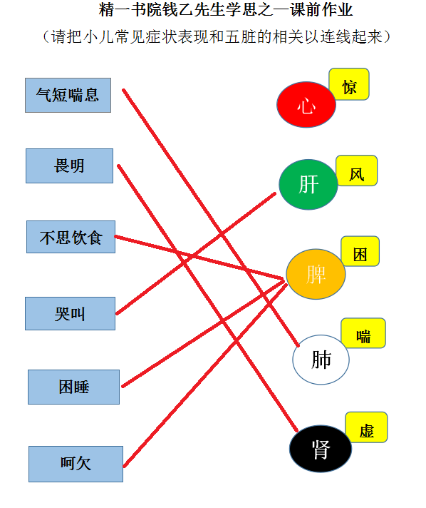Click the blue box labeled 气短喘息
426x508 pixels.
point(68,96)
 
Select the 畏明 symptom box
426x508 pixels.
point(70,166)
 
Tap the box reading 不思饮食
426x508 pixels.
point(71,237)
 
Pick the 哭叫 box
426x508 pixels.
point(71,314)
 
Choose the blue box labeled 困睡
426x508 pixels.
point(74,387)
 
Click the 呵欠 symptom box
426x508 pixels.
point(76,464)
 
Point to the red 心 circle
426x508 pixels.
point(306,105)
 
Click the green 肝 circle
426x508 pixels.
point(308,184)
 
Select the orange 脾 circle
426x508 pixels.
point(316,274)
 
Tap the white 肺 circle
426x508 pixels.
point(321,360)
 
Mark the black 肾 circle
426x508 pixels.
point(321,449)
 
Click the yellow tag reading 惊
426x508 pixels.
point(349,84)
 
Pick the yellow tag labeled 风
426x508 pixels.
point(356,171)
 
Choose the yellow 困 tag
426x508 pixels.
point(360,251)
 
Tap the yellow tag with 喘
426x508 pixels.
point(363,333)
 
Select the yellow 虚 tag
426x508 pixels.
point(366,427)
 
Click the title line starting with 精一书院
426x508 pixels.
point(225,10)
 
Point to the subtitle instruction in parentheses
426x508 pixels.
point(217,36)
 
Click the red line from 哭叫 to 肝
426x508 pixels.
point(196,254)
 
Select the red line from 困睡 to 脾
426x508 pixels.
point(203,334)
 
